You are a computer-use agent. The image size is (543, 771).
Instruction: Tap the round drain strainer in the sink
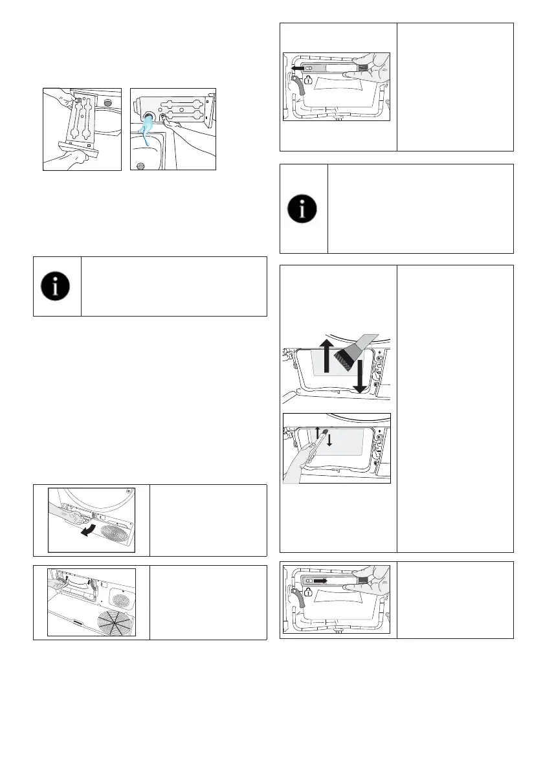point(143,164)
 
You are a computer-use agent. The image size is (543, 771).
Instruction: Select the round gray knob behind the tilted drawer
point(107,103)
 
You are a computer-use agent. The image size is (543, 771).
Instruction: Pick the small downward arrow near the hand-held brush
point(329,440)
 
